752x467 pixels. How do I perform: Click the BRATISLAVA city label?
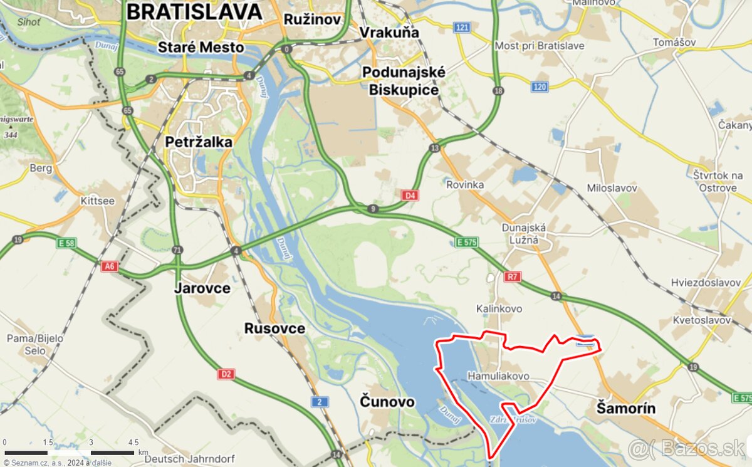click(x=194, y=12)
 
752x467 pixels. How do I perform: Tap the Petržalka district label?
click(x=199, y=142)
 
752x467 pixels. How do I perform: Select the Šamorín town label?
click(x=622, y=409)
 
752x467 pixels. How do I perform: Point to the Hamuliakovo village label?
click(x=498, y=376)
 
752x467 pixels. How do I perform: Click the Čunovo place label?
click(x=387, y=401)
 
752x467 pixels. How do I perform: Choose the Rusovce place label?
click(x=274, y=328)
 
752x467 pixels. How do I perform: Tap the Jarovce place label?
click(x=202, y=288)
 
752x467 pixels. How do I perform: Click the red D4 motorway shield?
click(x=410, y=196)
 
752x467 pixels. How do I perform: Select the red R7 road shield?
click(x=513, y=276)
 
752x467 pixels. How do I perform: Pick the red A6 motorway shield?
click(x=110, y=266)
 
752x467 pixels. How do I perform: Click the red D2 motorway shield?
click(x=226, y=374)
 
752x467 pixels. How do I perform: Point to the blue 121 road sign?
click(x=462, y=28)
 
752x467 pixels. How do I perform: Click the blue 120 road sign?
click(x=540, y=87)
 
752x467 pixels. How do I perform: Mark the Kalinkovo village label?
click(x=499, y=308)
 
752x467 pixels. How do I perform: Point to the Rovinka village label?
click(x=465, y=185)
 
